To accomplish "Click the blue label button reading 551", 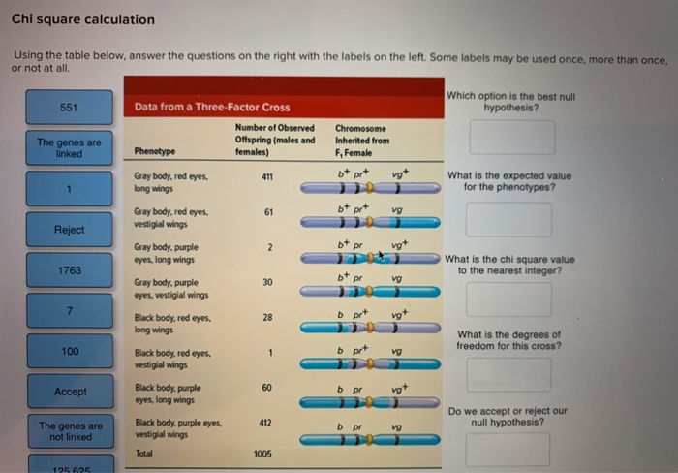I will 70,107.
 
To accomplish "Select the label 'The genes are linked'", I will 70,147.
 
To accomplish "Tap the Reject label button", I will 70,230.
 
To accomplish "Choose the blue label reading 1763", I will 70,270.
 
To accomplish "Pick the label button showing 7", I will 70,310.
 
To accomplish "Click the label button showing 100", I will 70,351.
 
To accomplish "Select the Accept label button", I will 70,392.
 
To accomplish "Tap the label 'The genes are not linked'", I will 70,431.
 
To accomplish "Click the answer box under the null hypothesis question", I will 512,138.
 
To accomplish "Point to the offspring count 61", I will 268,210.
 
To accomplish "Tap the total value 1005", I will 263,454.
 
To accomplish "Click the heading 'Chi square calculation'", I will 83,19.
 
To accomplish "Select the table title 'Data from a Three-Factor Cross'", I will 212,107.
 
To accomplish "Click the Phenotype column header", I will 155,152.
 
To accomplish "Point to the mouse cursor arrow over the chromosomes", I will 381,256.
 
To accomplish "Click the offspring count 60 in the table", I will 268,387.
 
